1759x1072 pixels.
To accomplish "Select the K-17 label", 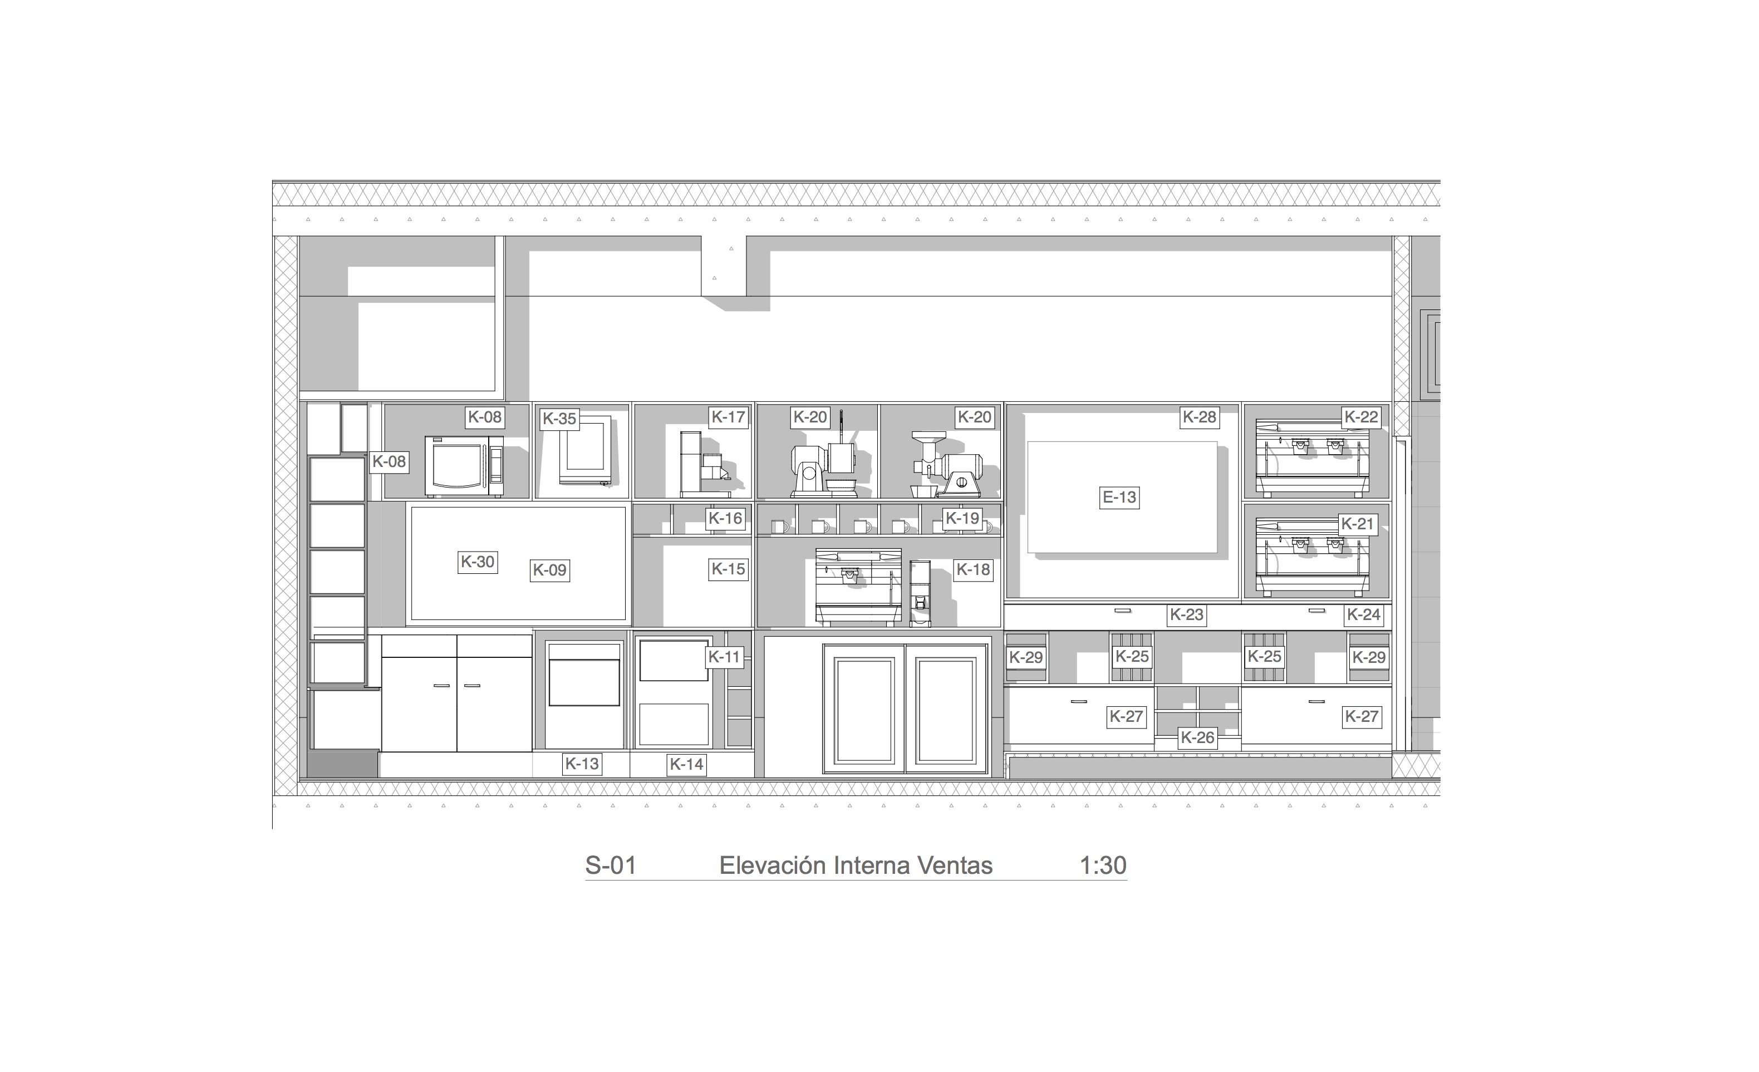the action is pyautogui.click(x=728, y=417).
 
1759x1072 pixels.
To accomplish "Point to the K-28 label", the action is pyautogui.click(x=1200, y=417).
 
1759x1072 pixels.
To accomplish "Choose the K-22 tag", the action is pyautogui.click(x=1362, y=417).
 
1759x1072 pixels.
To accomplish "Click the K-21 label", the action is pyautogui.click(x=1357, y=524).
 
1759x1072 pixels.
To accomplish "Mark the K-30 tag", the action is pyautogui.click(x=478, y=562).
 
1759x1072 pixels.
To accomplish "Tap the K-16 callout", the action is pyautogui.click(x=725, y=518).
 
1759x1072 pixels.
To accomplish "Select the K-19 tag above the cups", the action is pyautogui.click(x=962, y=518).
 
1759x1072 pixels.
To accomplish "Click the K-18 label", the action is pyautogui.click(x=973, y=569).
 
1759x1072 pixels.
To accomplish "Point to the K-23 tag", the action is pyautogui.click(x=1186, y=614).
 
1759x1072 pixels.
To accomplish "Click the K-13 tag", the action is pyautogui.click(x=582, y=764).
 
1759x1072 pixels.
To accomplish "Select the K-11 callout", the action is pyautogui.click(x=724, y=657).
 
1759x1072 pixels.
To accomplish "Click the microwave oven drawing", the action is pyautogui.click(x=464, y=465).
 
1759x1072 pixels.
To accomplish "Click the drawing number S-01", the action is pyautogui.click(x=611, y=865).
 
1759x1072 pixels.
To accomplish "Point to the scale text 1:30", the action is pyautogui.click(x=1103, y=865).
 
